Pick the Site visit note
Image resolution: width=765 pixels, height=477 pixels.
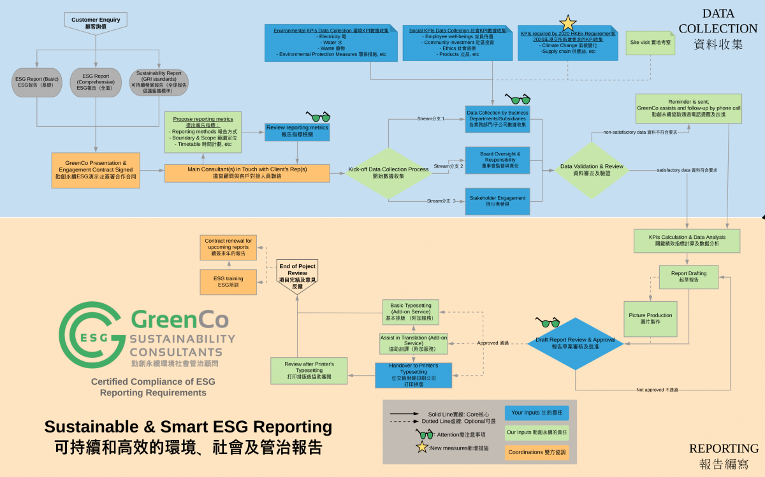coord(650,42)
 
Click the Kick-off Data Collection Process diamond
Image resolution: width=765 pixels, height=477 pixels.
coord(388,173)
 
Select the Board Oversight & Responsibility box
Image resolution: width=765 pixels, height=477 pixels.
coord(497,160)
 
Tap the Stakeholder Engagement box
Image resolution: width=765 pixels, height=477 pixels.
coord(497,201)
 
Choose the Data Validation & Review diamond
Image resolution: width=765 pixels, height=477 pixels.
coord(592,169)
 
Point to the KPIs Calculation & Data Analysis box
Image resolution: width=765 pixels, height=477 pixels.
coord(687,240)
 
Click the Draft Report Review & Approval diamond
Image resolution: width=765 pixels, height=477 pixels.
coord(575,343)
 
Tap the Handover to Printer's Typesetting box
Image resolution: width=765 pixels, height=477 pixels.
coord(412,375)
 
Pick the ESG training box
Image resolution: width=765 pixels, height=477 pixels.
coord(228,281)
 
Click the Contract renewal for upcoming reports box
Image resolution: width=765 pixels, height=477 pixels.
coord(228,247)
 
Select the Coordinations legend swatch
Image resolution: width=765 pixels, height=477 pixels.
coord(536,452)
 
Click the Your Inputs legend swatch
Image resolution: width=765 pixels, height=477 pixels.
coord(536,413)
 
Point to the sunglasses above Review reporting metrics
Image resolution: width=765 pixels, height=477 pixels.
coord(318,117)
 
